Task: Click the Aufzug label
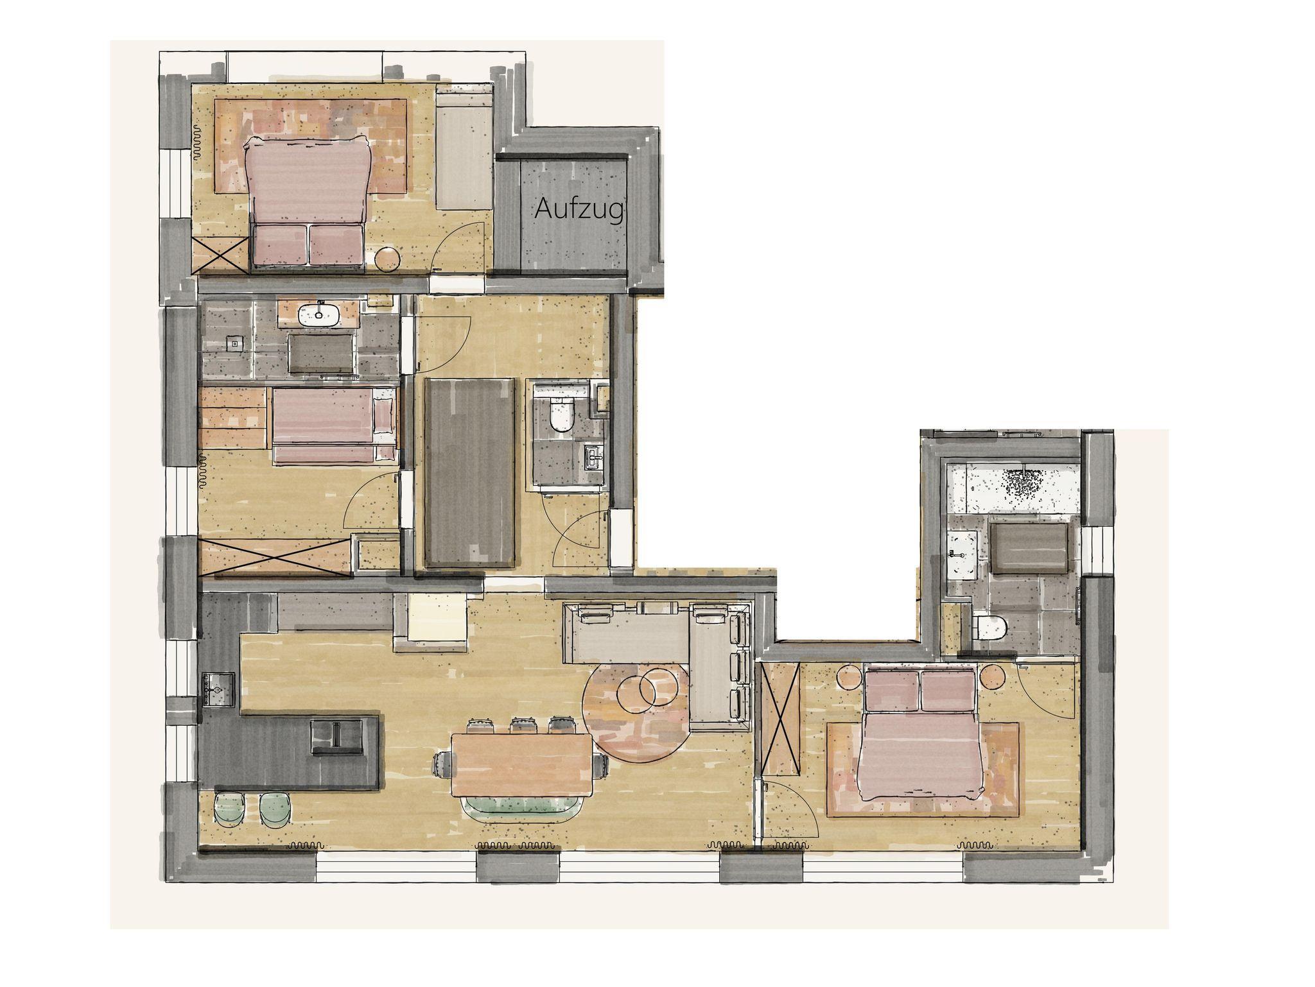[x=579, y=209]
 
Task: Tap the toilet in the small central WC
[x=561, y=412]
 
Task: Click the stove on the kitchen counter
[x=217, y=689]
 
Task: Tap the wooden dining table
[x=521, y=764]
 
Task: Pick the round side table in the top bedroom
[x=388, y=259]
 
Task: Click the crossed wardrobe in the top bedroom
[x=221, y=255]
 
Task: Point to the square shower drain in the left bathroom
[x=235, y=343]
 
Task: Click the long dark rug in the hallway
[x=470, y=473]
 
